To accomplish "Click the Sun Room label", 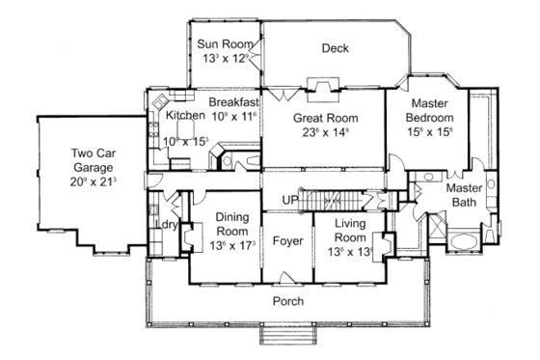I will [x=223, y=43].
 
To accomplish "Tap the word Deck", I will [x=335, y=48].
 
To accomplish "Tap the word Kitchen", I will [x=185, y=115].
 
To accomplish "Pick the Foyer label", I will [x=287, y=239].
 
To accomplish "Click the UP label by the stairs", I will [x=287, y=200].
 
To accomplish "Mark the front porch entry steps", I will [x=286, y=337].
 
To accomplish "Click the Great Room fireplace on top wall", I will [x=318, y=84].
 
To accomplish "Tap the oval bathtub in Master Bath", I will [x=463, y=238].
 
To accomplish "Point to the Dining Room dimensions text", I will [x=233, y=245].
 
